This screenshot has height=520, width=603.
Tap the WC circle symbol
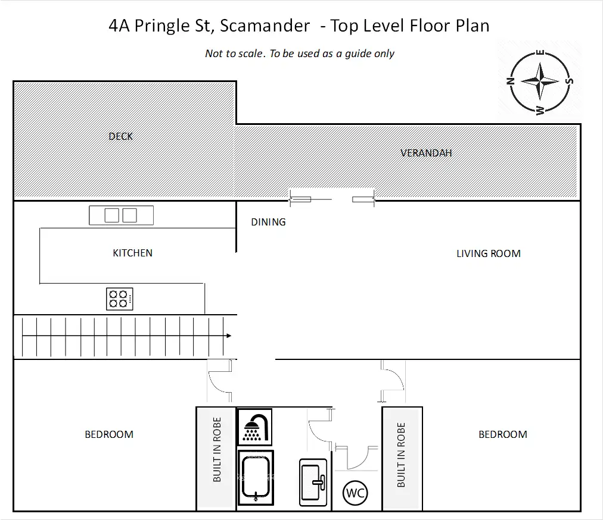355,493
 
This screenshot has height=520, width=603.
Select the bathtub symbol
256,478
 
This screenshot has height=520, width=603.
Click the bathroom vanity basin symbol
313,483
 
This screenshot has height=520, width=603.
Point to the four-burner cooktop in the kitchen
120,299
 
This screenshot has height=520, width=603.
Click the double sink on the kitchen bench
121,215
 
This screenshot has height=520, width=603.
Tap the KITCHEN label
133,253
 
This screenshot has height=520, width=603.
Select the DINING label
268,222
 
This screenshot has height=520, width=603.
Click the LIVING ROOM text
489,253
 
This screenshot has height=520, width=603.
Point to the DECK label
121,136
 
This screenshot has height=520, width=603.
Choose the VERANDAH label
426,153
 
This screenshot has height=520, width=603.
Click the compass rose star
540,81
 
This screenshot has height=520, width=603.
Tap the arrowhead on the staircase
229,336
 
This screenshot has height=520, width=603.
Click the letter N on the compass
510,81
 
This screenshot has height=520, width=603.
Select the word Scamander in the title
265,26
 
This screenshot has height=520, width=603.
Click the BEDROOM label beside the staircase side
109,434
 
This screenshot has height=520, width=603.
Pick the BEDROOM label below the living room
503,434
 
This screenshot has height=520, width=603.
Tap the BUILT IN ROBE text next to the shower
217,449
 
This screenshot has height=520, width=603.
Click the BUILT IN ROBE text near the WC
401,455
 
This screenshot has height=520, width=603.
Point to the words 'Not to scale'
234,54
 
